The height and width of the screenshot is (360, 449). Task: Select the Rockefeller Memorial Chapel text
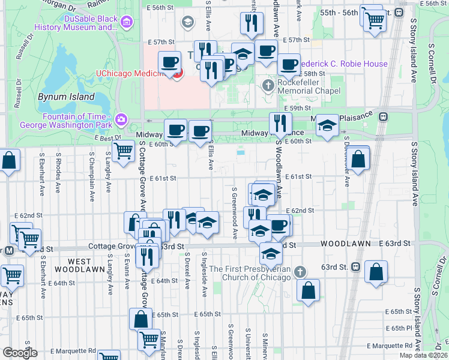[309, 86]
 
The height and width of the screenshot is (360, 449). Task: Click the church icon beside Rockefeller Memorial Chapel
[268, 86]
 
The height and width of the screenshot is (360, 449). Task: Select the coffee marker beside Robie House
[289, 64]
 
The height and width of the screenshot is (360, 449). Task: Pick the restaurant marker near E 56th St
[251, 23]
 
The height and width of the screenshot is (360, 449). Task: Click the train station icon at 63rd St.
[355, 266]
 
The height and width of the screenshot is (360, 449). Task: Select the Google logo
[20, 353]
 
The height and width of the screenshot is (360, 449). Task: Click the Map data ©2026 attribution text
[423, 355]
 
